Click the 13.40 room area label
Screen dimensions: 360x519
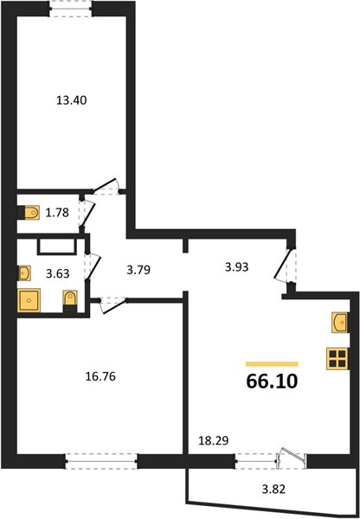point(72,100)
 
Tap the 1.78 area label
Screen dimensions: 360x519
point(57,213)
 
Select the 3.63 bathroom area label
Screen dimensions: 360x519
point(58,273)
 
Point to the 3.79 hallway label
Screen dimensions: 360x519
point(138,270)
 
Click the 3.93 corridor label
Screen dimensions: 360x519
point(236,266)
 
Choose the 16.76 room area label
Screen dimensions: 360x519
point(100,376)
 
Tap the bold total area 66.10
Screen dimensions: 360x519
point(272,381)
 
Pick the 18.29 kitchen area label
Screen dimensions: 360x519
point(213,440)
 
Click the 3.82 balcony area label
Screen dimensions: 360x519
point(273,489)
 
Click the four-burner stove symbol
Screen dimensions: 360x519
point(337,358)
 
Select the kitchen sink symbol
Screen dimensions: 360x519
point(340,323)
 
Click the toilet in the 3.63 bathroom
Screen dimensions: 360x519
point(70,301)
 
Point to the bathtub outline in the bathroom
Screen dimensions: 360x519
point(56,247)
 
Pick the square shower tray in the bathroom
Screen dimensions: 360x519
point(29,300)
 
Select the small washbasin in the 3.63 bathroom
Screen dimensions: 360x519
point(24,273)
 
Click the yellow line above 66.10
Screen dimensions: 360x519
point(272,364)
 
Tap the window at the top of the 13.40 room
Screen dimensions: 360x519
point(71,9)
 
